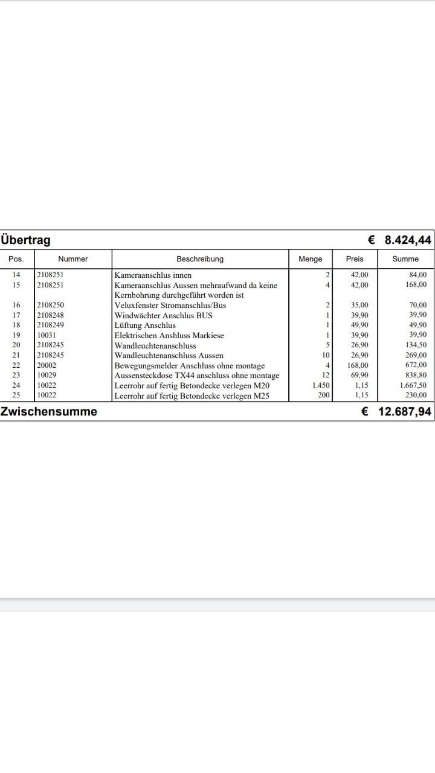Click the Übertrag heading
[26, 240]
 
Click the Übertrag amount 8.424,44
[408, 240]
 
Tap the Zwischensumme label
[49, 412]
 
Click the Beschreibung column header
[200, 259]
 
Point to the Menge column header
[311, 259]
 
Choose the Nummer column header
[73, 259]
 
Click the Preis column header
[355, 259]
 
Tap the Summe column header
[405, 259]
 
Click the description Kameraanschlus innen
[153, 275]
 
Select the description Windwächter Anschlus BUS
[163, 315]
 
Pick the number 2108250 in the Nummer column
[51, 306]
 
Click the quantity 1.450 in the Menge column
[321, 385]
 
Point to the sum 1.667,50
[413, 385]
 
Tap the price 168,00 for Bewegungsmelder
[358, 365]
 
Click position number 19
[16, 335]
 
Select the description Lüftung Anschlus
[145, 326]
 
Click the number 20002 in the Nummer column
[47, 365]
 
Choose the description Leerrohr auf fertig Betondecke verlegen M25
[192, 396]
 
